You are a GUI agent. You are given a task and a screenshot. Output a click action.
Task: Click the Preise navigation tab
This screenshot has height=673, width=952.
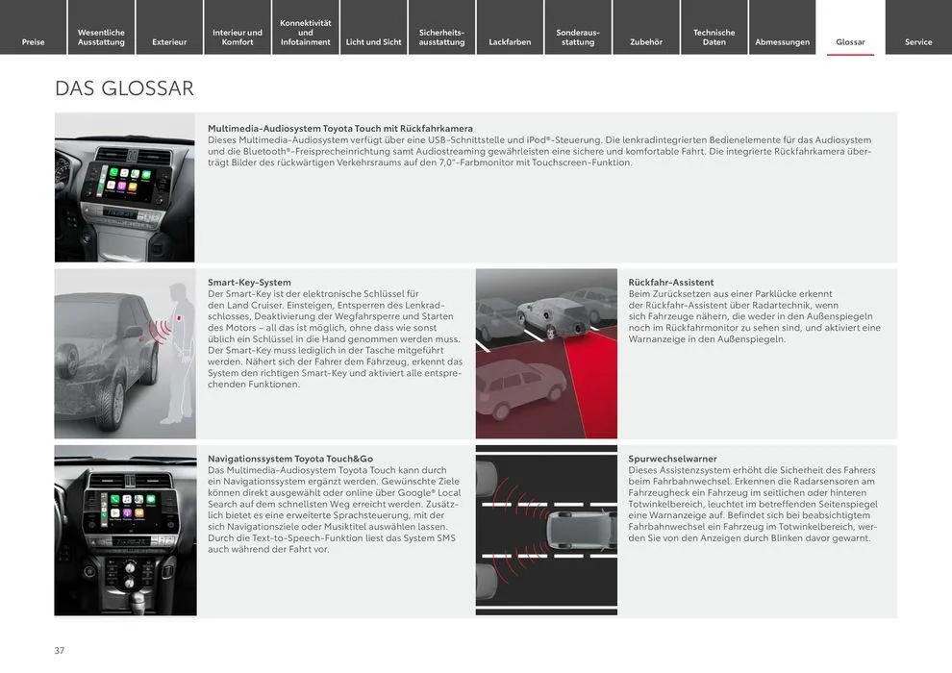pos(33,41)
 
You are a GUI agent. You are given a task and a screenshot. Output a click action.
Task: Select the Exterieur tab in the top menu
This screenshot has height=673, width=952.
pos(169,41)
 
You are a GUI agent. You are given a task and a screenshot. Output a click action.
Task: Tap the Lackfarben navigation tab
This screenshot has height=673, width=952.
pos(510,41)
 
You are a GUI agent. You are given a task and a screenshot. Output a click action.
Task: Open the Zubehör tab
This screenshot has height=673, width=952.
pos(646,41)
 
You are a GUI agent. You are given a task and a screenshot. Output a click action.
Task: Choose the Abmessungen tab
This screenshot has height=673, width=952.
pos(782,41)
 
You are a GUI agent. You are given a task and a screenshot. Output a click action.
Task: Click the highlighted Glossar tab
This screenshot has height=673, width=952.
pos(850,41)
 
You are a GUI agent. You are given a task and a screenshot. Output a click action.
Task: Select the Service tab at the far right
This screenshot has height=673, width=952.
pos(918,41)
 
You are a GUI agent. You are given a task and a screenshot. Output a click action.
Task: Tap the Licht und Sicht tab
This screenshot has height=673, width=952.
pos(373,41)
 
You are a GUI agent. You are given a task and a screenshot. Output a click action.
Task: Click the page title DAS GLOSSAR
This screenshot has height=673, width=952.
pos(124,88)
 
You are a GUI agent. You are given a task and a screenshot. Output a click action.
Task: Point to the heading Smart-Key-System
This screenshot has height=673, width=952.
pos(249,283)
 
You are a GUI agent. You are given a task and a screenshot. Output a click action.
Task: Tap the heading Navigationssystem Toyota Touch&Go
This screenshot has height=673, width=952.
pos(290,459)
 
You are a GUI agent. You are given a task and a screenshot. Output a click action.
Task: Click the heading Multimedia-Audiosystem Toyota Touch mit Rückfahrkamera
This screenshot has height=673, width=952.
pos(340,128)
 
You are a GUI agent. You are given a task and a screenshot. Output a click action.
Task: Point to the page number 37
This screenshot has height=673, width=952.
pos(60,651)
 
